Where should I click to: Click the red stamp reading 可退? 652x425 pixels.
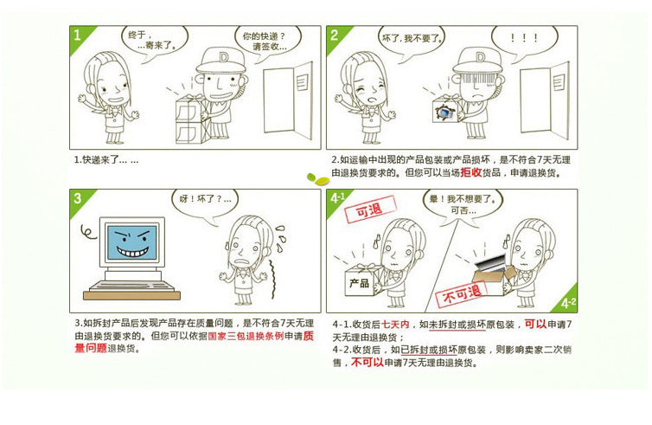pyautogui.click(x=369, y=209)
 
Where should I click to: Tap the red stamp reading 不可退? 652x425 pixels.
pyautogui.click(x=462, y=294)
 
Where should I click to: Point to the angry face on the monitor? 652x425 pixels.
pyautogui.click(x=132, y=242)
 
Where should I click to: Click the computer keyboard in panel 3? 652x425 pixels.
pyautogui.click(x=131, y=287)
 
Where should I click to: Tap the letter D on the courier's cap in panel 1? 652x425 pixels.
pyautogui.click(x=224, y=56)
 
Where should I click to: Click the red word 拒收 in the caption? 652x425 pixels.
pyautogui.click(x=470, y=173)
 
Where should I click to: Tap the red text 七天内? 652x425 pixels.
pyautogui.click(x=395, y=325)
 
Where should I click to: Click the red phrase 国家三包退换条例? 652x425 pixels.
pyautogui.click(x=246, y=336)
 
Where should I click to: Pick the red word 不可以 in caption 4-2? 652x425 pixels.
pyautogui.click(x=368, y=363)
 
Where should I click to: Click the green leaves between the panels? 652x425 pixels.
pyautogui.click(x=318, y=179)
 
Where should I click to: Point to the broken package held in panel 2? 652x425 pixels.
pyautogui.click(x=446, y=110)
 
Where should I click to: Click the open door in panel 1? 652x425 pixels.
pyautogui.click(x=288, y=100)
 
